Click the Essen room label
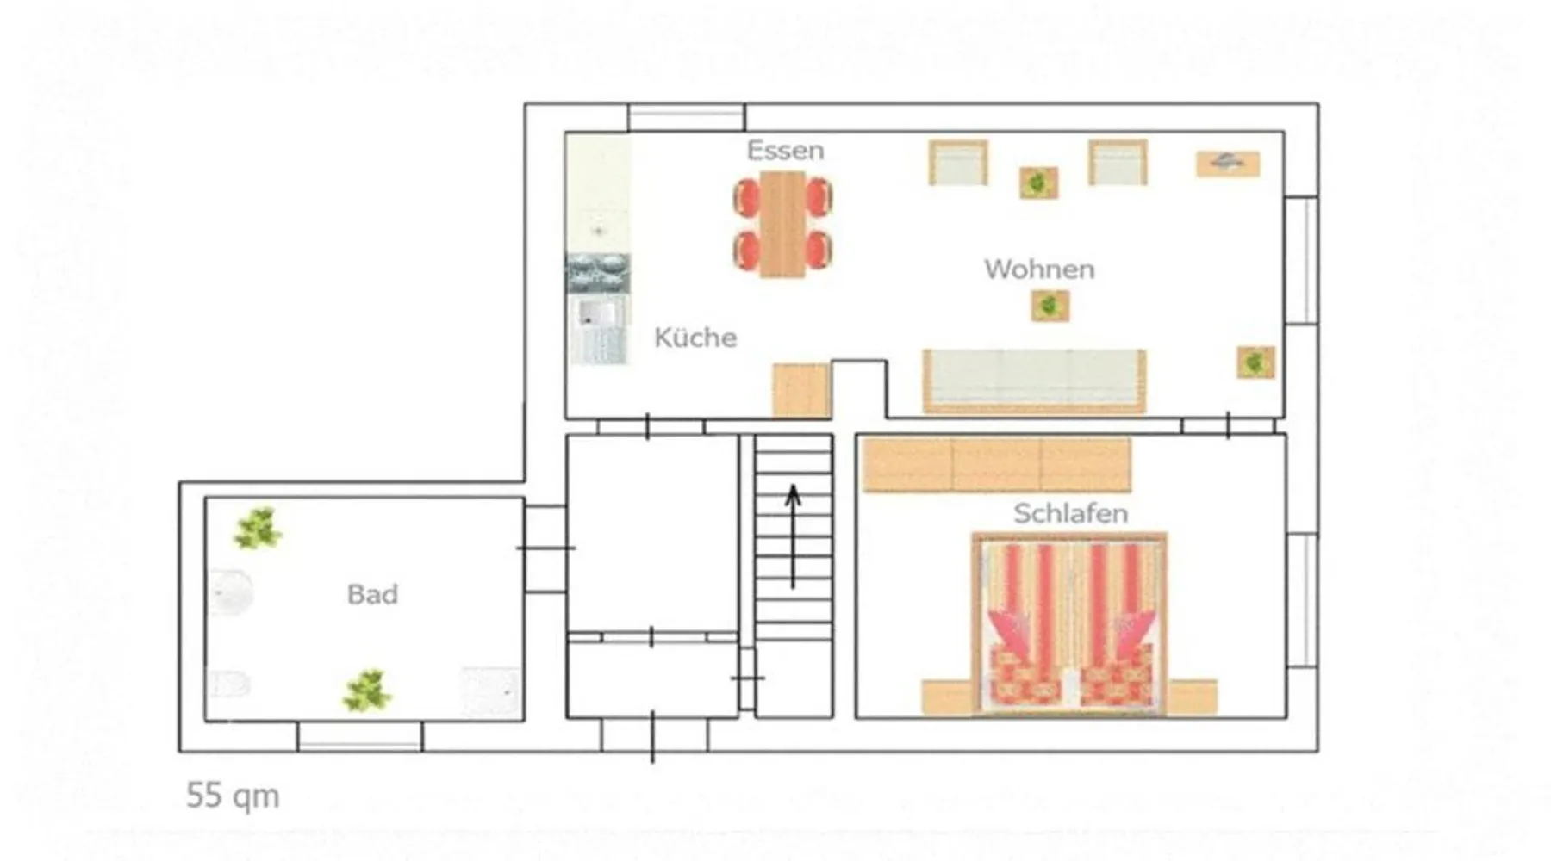click(x=785, y=150)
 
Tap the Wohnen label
click(x=1039, y=269)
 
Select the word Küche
click(x=695, y=337)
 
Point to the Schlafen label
click(x=1070, y=513)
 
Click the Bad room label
click(x=372, y=594)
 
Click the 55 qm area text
click(x=233, y=796)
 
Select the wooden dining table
click(x=782, y=224)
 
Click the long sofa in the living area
click(x=1034, y=381)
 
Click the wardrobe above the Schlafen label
click(x=997, y=465)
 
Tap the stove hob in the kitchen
click(x=597, y=273)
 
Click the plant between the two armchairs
click(x=1038, y=183)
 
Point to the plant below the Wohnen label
click(x=1050, y=306)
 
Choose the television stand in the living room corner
click(x=1228, y=163)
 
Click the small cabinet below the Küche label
click(x=800, y=391)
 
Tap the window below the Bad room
click(x=360, y=736)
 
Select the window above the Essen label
click(x=687, y=118)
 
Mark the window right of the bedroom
click(x=1302, y=600)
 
